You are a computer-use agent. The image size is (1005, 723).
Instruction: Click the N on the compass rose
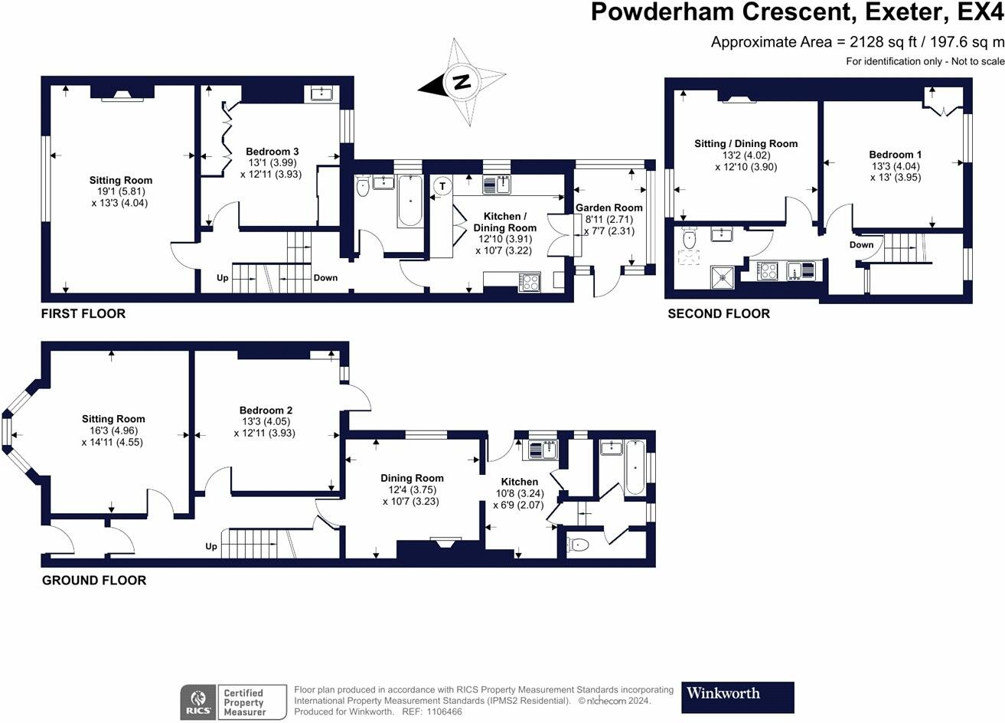coord(462,82)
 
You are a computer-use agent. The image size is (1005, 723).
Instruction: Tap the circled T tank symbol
coord(443,186)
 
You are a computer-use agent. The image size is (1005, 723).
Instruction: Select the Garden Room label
coord(609,208)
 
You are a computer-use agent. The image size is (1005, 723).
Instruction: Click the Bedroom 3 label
coord(272,152)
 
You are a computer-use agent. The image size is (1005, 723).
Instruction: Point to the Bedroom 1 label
coord(895,155)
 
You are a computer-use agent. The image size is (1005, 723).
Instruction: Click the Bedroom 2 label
coord(266,410)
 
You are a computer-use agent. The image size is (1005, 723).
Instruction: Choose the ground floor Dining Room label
coord(412,478)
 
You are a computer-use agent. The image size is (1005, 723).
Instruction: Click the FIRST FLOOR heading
coord(83,313)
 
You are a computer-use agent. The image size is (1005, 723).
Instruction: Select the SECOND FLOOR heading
coord(719,313)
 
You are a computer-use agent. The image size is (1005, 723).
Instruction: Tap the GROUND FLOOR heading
coord(94,581)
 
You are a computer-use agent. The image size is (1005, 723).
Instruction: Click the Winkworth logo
coord(738,698)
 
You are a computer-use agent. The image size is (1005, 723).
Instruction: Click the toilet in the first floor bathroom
coord(363,187)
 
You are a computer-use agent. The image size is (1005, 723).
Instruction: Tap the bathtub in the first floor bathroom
coord(410,201)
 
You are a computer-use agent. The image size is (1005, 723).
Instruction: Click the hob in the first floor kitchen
coord(530,282)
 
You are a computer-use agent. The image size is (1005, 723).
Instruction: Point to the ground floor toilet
coord(578,545)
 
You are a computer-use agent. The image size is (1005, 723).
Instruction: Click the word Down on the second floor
coord(861,245)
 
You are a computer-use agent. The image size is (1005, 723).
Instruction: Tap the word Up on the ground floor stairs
coord(210,547)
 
